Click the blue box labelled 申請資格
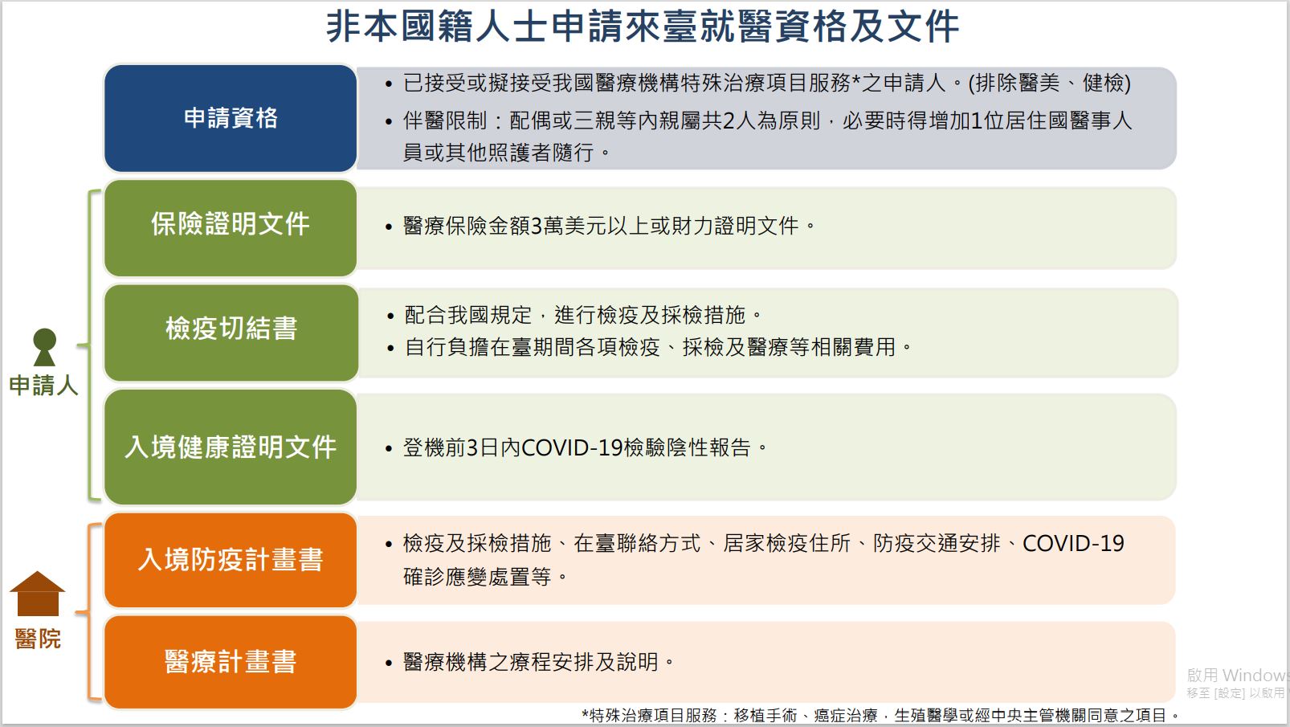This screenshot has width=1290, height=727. [231, 118]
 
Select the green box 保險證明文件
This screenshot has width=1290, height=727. [231, 227]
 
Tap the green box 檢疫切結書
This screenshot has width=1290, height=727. [231, 333]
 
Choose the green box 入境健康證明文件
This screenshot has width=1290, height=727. [231, 447]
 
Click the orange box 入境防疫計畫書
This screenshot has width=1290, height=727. [231, 560]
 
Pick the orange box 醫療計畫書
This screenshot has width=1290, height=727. [231, 662]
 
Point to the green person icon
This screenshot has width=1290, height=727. [44, 347]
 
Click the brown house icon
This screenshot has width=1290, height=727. [38, 594]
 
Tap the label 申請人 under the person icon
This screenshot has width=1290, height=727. [43, 386]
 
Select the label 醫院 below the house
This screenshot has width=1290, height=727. [38, 639]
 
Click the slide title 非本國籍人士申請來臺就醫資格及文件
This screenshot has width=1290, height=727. [642, 27]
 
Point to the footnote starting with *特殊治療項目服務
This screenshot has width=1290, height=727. [880, 716]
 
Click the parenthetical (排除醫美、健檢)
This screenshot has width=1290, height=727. [1050, 83]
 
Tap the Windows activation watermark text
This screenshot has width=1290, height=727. [1237, 683]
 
